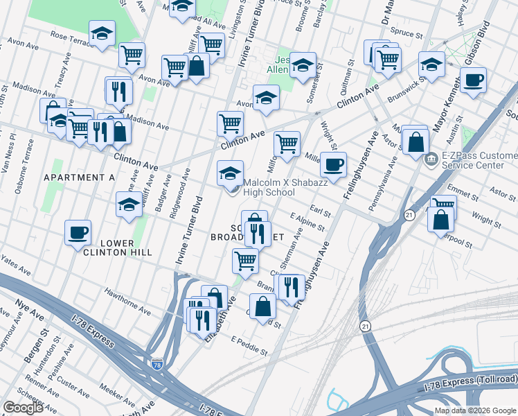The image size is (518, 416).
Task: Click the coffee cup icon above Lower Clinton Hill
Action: [78, 232]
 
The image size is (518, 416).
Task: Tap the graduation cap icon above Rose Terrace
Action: [102, 33]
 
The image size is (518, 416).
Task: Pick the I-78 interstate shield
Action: [158, 363]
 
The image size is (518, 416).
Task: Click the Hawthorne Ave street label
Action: [127, 300]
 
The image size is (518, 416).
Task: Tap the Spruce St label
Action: [407, 33]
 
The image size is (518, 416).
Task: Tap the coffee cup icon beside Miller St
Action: [333, 165]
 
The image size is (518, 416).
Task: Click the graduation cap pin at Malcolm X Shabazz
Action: [231, 173]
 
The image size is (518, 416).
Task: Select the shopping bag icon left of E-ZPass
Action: [415, 141]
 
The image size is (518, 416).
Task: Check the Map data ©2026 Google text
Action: [475, 410]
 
